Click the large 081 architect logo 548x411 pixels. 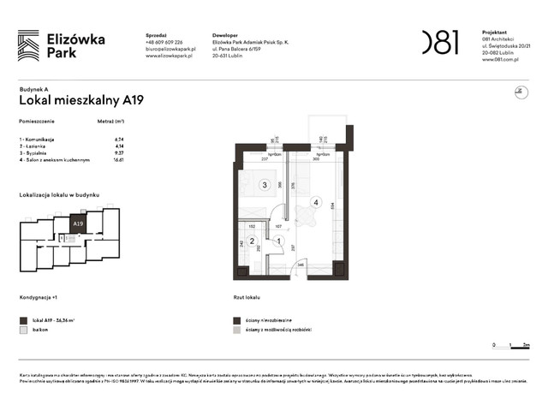coord(440,42)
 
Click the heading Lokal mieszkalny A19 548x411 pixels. coord(80,100)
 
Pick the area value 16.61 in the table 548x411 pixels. coord(119,160)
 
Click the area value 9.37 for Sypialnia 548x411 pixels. coord(119,153)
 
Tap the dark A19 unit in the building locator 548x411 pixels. coord(78,224)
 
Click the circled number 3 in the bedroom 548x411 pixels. coord(265,184)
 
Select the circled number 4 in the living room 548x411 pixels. coord(317,203)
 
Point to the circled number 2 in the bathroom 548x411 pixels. coord(252,241)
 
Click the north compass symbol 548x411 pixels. coord(516,93)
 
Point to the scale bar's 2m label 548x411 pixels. coord(527,345)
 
